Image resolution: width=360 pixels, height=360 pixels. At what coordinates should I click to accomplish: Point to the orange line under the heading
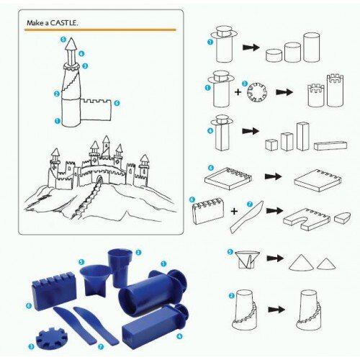[100, 30]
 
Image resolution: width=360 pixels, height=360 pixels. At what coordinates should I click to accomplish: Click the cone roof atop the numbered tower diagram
[71, 43]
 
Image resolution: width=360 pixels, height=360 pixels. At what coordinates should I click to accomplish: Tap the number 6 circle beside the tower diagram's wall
[117, 103]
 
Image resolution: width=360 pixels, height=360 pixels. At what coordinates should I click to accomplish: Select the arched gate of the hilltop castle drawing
[99, 179]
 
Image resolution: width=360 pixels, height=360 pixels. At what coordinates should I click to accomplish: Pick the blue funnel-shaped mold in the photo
[95, 280]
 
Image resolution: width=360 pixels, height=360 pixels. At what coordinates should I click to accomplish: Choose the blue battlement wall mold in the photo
[55, 290]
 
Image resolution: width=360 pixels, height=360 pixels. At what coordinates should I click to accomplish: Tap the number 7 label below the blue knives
[101, 346]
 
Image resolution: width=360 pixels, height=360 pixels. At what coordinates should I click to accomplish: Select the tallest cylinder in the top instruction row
[312, 48]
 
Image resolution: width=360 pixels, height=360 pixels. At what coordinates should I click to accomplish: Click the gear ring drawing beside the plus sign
[257, 92]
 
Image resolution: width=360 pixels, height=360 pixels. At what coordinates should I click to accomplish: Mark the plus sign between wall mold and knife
[234, 211]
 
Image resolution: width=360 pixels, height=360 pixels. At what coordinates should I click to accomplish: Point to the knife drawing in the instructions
[246, 217]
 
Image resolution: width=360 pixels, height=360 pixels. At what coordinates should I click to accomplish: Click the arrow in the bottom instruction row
[276, 310]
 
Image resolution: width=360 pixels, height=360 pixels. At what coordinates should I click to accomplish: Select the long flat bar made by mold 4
[330, 145]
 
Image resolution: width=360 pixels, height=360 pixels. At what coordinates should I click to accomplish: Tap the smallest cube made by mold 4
[271, 145]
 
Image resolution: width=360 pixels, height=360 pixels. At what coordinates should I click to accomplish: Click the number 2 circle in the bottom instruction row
[231, 295]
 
